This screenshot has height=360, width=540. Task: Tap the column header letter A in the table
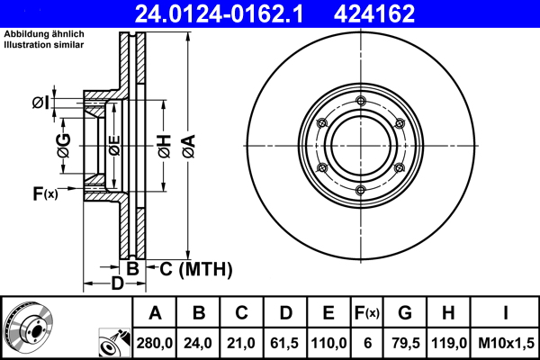(156, 312)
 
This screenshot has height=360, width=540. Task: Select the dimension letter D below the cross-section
(116, 285)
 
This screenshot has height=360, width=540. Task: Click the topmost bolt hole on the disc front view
(360, 100)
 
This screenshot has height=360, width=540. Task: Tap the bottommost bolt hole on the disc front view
(360, 188)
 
